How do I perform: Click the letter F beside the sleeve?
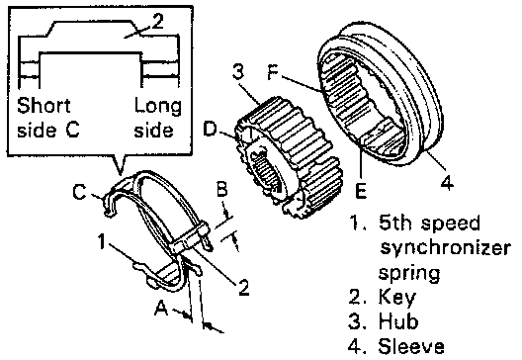pyautogui.click(x=274, y=72)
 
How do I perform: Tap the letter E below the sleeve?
pyautogui.click(x=361, y=191)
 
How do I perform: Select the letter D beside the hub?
pyautogui.click(x=210, y=130)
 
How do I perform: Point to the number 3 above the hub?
pyautogui.click(x=238, y=71)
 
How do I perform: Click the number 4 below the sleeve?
pyautogui.click(x=447, y=182)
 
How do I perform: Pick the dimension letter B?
pyautogui.click(x=222, y=189)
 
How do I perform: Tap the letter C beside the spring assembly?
pyautogui.click(x=80, y=192)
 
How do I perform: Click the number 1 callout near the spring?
pyautogui.click(x=102, y=241)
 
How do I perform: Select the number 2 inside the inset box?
pyautogui.click(x=157, y=21)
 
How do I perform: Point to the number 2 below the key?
pyautogui.click(x=243, y=287)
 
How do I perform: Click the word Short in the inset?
pyautogui.click(x=43, y=105)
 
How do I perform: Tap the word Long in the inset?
pyautogui.click(x=158, y=107)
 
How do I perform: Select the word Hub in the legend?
pyautogui.click(x=398, y=321)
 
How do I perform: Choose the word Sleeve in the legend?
pyautogui.click(x=411, y=346)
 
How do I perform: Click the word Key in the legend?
pyautogui.click(x=397, y=298)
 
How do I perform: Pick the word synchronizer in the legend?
pyautogui.click(x=446, y=248)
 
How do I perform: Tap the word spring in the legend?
pyautogui.click(x=409, y=274)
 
